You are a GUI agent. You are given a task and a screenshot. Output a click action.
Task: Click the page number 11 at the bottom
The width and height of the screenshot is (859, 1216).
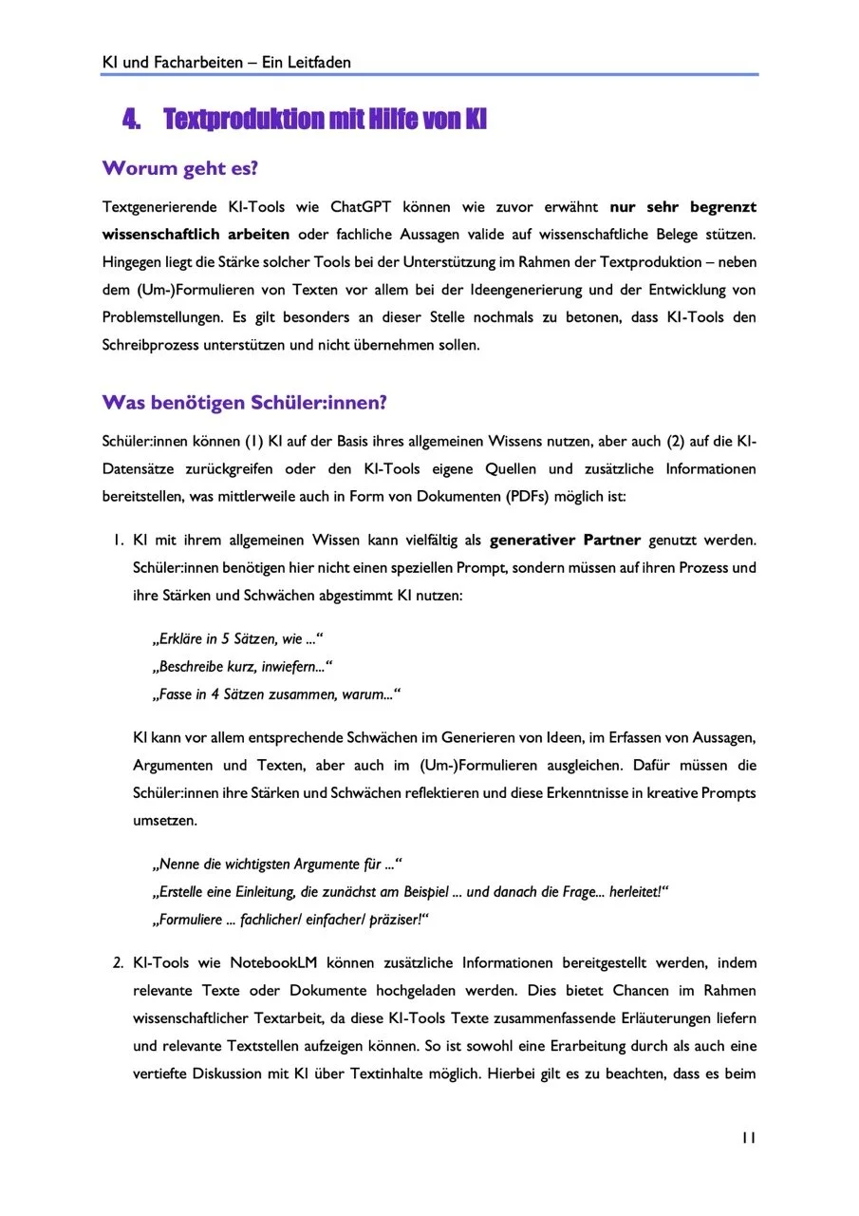pos(748,1138)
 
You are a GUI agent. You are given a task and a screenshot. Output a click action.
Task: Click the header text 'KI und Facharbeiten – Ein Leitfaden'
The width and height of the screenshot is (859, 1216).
pos(226,63)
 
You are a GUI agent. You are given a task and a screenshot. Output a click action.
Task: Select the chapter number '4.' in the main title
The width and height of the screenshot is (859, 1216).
pos(132,120)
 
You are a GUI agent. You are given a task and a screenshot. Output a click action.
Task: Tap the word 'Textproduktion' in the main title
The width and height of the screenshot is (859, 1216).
pos(243,120)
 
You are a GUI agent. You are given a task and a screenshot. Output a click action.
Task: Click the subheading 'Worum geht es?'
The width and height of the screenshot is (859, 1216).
pos(180,169)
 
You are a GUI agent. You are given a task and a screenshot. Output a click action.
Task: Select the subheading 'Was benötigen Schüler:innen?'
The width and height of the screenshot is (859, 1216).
pos(244,403)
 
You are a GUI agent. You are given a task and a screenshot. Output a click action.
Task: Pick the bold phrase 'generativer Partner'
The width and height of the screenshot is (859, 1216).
pos(565,541)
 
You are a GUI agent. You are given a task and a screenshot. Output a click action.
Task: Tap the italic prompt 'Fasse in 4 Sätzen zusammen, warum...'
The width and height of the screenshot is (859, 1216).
pos(275,694)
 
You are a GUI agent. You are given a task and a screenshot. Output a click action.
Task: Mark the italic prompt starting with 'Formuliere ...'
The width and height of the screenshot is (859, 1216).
pos(290,920)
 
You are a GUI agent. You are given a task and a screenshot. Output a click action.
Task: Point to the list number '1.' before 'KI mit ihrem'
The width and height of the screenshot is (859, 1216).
pos(118,541)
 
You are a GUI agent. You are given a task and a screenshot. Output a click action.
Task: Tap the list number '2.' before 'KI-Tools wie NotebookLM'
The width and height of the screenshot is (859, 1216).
pos(118,963)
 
